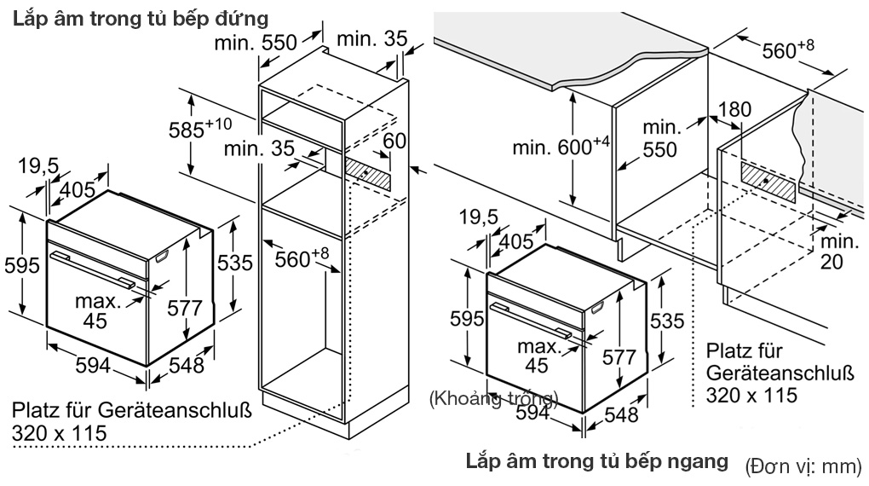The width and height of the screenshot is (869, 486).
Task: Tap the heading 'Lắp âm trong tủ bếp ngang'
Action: pyautogui.click(x=596, y=461)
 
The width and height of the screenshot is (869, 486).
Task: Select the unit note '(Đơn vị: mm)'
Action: pyautogui.click(x=803, y=466)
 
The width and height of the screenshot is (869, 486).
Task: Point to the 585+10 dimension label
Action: pyautogui.click(x=199, y=129)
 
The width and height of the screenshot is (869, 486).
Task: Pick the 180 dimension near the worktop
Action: pyautogui.click(x=734, y=109)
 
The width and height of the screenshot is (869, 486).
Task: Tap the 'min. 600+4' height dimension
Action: pyautogui.click(x=561, y=147)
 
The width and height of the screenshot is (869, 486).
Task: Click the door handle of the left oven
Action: pyautogui.click(x=91, y=268)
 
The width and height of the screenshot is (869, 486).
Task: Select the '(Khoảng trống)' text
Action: pyautogui.click(x=494, y=398)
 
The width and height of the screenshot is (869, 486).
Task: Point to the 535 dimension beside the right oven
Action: pyautogui.click(x=667, y=321)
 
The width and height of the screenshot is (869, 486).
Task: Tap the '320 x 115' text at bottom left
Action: pyautogui.click(x=60, y=433)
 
